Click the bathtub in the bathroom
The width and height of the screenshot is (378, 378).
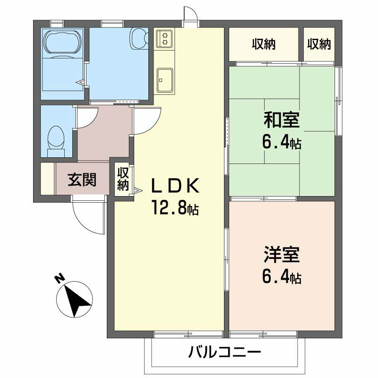pos(62,44)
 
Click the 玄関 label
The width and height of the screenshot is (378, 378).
pos(82,180)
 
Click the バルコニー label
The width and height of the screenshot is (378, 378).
pos(225,352)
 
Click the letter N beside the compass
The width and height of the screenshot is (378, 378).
pos(60,278)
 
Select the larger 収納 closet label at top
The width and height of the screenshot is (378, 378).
pos(263,44)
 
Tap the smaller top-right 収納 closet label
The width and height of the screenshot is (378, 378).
pos(319,44)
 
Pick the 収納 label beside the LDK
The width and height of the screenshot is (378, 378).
pos(123,179)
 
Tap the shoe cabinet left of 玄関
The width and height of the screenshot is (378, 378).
pos(47,179)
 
